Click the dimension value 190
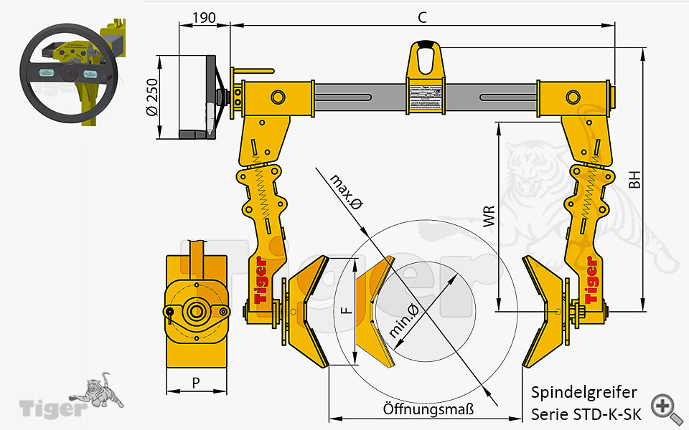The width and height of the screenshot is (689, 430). click(205, 18)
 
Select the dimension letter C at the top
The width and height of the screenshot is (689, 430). click(422, 16)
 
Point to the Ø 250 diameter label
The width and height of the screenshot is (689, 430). click(151, 97)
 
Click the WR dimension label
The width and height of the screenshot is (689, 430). click(489, 217)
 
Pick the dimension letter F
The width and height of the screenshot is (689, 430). click(345, 310)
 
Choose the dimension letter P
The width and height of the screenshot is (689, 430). click(196, 383)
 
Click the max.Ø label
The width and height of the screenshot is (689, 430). click(346, 192)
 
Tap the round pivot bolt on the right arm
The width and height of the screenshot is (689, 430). click(573, 97)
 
